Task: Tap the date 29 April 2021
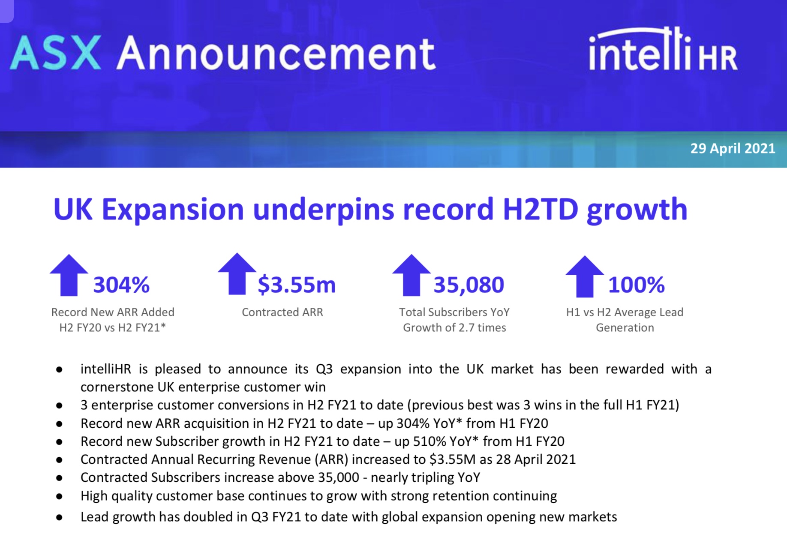pos(732,148)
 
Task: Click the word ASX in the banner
pos(56,53)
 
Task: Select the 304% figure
pos(121,285)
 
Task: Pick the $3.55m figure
pos(297,285)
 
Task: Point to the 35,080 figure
pos(469,285)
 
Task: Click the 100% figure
pos(637,285)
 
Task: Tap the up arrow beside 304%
pos(69,275)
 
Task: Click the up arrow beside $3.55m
pos(237,274)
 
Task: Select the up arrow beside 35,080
pos(412,275)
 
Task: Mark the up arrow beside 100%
pos(585,276)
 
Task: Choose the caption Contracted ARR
pos(282,312)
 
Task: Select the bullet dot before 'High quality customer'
pos(59,496)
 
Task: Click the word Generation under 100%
pos(625,327)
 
